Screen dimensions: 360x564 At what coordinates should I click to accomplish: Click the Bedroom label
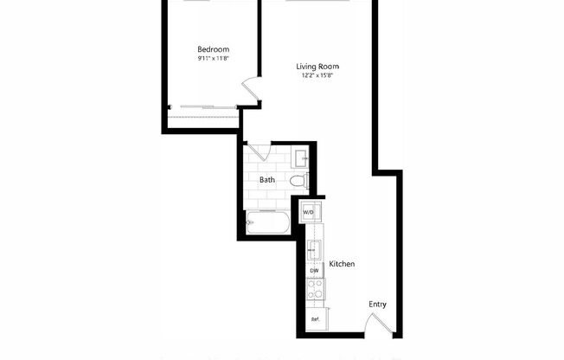213,48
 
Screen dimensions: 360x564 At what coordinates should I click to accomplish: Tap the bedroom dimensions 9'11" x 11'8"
213,60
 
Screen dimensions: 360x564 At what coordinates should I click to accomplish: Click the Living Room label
317,67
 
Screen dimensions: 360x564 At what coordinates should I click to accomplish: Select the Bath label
267,180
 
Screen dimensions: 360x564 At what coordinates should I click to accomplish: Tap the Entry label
377,304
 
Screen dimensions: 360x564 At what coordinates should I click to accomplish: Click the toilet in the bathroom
298,180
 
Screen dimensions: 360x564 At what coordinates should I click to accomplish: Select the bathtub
269,223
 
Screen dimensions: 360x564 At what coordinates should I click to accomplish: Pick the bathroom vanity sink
302,157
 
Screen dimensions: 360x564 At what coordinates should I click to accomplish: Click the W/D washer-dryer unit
309,211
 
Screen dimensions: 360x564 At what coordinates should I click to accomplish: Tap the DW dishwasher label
315,272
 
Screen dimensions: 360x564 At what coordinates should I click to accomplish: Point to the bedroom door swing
251,89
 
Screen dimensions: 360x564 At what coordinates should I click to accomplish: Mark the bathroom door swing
256,152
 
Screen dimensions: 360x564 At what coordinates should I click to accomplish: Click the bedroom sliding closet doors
204,106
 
